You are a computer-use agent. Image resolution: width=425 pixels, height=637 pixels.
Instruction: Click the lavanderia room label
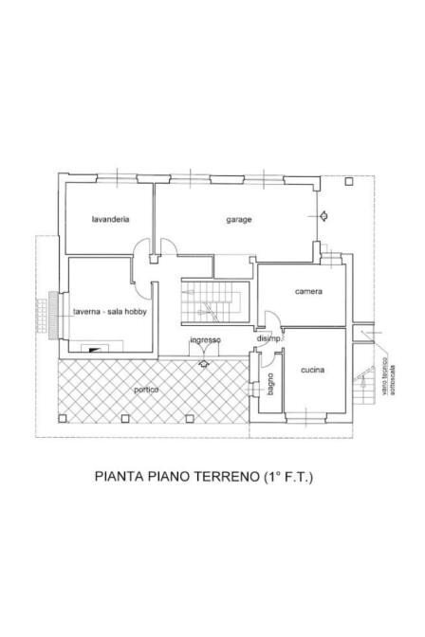click(110, 219)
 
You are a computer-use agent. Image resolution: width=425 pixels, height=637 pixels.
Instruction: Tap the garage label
click(238, 219)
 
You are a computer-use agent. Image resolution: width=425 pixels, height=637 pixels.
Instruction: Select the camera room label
click(308, 291)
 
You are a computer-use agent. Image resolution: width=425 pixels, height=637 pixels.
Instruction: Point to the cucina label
click(313, 370)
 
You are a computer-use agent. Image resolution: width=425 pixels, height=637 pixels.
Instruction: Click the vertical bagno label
click(270, 390)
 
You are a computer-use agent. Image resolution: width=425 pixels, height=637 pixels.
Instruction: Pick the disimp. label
click(268, 339)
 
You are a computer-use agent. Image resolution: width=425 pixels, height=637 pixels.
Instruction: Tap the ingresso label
click(205, 339)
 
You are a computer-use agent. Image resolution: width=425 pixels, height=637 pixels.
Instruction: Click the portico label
click(145, 390)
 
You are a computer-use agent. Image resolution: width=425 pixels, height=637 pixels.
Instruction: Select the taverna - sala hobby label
click(110, 312)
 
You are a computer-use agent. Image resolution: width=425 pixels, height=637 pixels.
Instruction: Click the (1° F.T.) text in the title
click(286, 478)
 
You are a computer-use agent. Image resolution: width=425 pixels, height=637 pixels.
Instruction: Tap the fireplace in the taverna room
click(93, 348)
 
